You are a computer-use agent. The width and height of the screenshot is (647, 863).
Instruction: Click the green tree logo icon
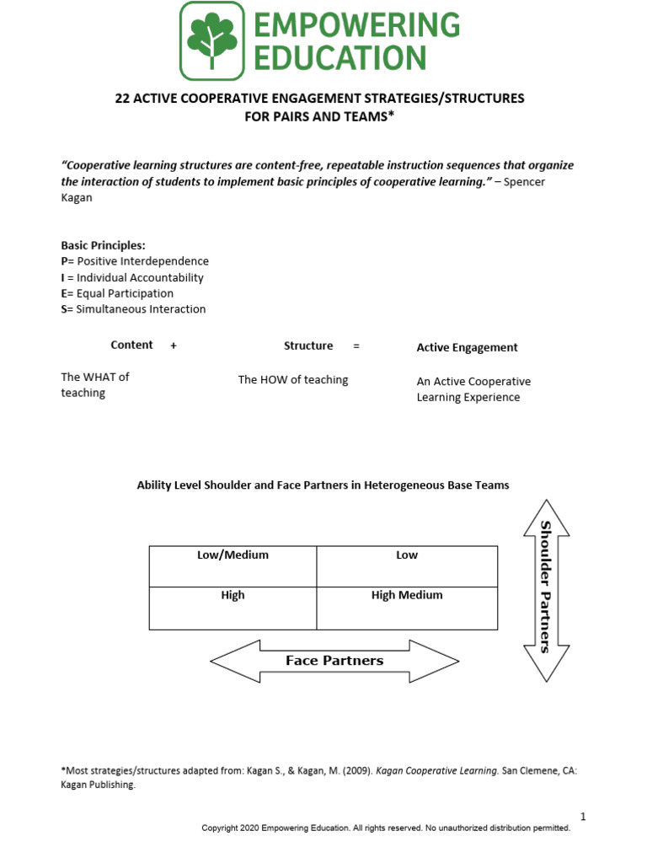(x=211, y=40)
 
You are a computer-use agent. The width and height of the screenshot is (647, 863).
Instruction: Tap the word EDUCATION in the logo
(x=340, y=58)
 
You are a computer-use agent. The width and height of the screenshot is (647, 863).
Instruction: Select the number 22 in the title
(x=122, y=99)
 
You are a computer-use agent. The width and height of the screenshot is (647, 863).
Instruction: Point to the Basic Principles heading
(x=103, y=245)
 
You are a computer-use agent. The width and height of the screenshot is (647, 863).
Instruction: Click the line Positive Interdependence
(x=135, y=261)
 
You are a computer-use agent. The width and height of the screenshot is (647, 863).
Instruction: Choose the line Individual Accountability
(x=132, y=277)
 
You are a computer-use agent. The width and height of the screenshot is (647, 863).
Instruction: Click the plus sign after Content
(x=174, y=346)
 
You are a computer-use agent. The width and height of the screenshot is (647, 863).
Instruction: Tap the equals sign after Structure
(x=356, y=346)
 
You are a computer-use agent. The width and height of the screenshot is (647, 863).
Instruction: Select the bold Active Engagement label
(x=467, y=347)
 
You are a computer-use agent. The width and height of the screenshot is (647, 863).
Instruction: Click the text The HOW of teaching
(x=292, y=380)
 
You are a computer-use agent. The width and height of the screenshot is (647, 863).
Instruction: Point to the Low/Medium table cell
(x=233, y=566)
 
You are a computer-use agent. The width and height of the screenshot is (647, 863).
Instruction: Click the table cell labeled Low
(x=407, y=566)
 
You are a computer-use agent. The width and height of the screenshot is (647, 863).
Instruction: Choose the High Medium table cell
(x=407, y=608)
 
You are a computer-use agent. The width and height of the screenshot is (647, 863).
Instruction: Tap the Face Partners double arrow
(x=334, y=661)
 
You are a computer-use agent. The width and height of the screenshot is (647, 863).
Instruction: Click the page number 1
(x=582, y=816)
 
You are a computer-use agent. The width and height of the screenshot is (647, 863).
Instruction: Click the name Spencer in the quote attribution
(x=524, y=182)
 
